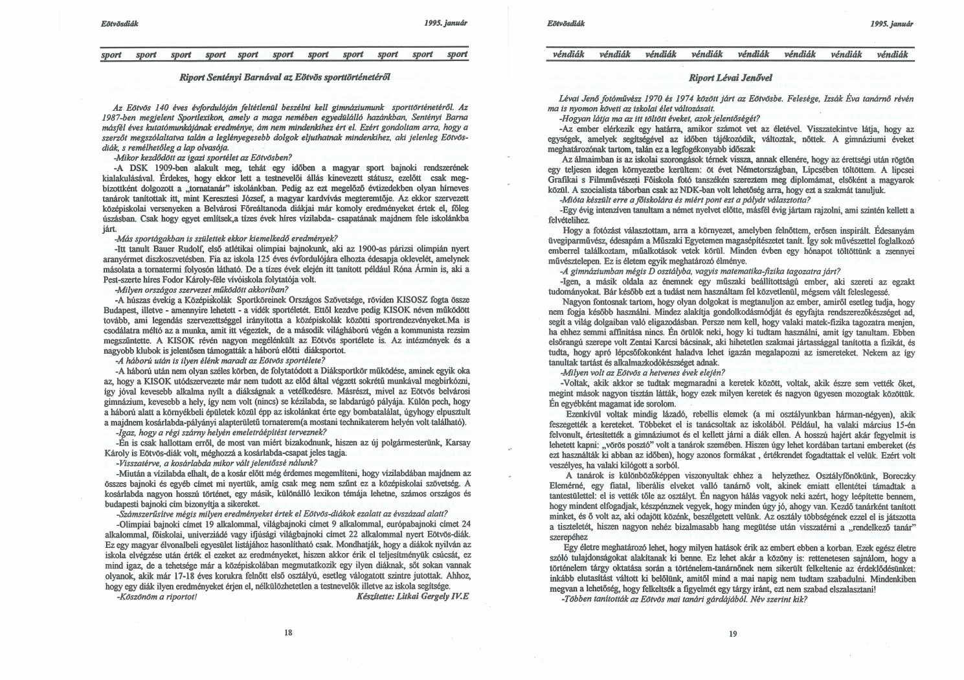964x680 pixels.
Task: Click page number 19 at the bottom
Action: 732,634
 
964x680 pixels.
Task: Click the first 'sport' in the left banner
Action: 111,55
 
